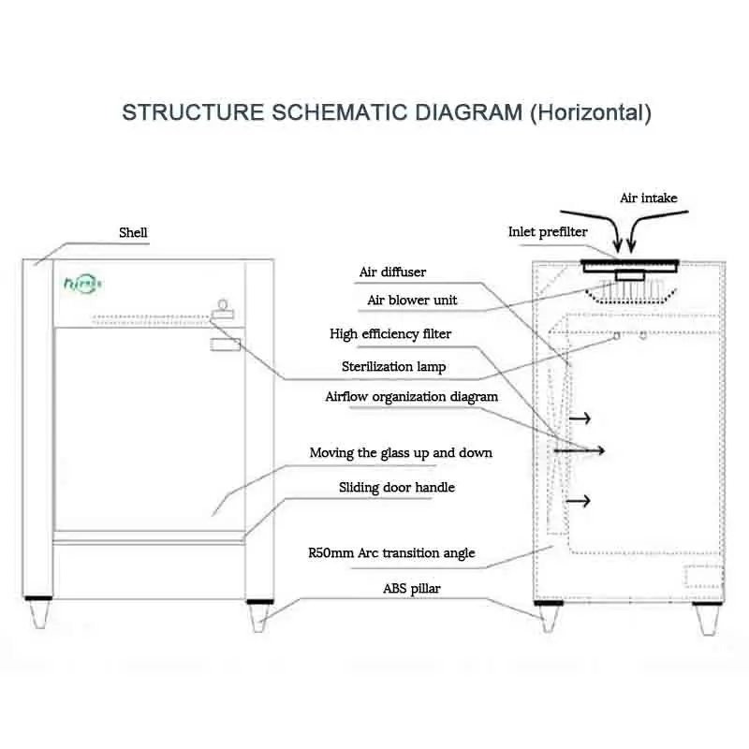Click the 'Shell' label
tap(133, 232)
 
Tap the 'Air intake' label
tap(648, 198)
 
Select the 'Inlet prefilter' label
tap(548, 231)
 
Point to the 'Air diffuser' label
tap(392, 272)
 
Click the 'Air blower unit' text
tap(412, 300)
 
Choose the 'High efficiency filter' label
tap(390, 333)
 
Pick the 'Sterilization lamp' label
tap(393, 366)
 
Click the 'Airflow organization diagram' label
tap(411, 397)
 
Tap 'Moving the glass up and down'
tap(401, 453)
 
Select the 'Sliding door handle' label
tap(396, 487)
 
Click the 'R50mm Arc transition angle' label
tap(391, 553)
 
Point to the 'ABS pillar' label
tap(411, 589)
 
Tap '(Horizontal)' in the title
tap(591, 113)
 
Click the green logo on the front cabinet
tap(82, 284)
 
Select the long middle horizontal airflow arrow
tap(580, 450)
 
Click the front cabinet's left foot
tap(38, 612)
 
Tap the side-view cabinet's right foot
tap(708, 618)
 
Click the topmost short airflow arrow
tap(580, 419)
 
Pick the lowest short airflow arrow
tap(578, 501)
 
